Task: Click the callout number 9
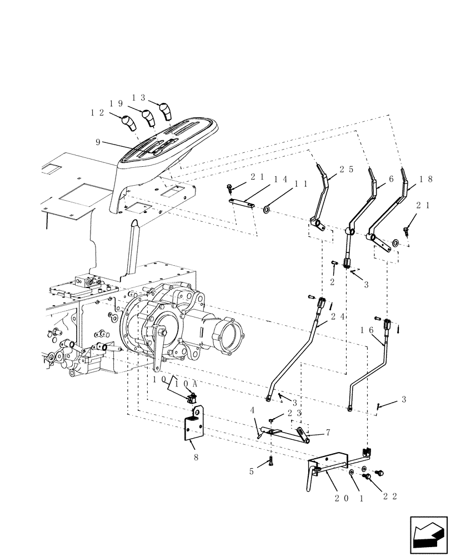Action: coord(98,142)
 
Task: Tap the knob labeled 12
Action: coord(129,122)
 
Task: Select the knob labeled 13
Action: coord(166,111)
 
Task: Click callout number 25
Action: coord(346,169)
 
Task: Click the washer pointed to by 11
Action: coord(267,210)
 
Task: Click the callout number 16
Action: coord(367,330)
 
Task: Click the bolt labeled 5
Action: coord(270,461)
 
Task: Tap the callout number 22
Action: coord(390,497)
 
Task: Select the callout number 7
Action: coord(328,432)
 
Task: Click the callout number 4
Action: coord(253,411)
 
